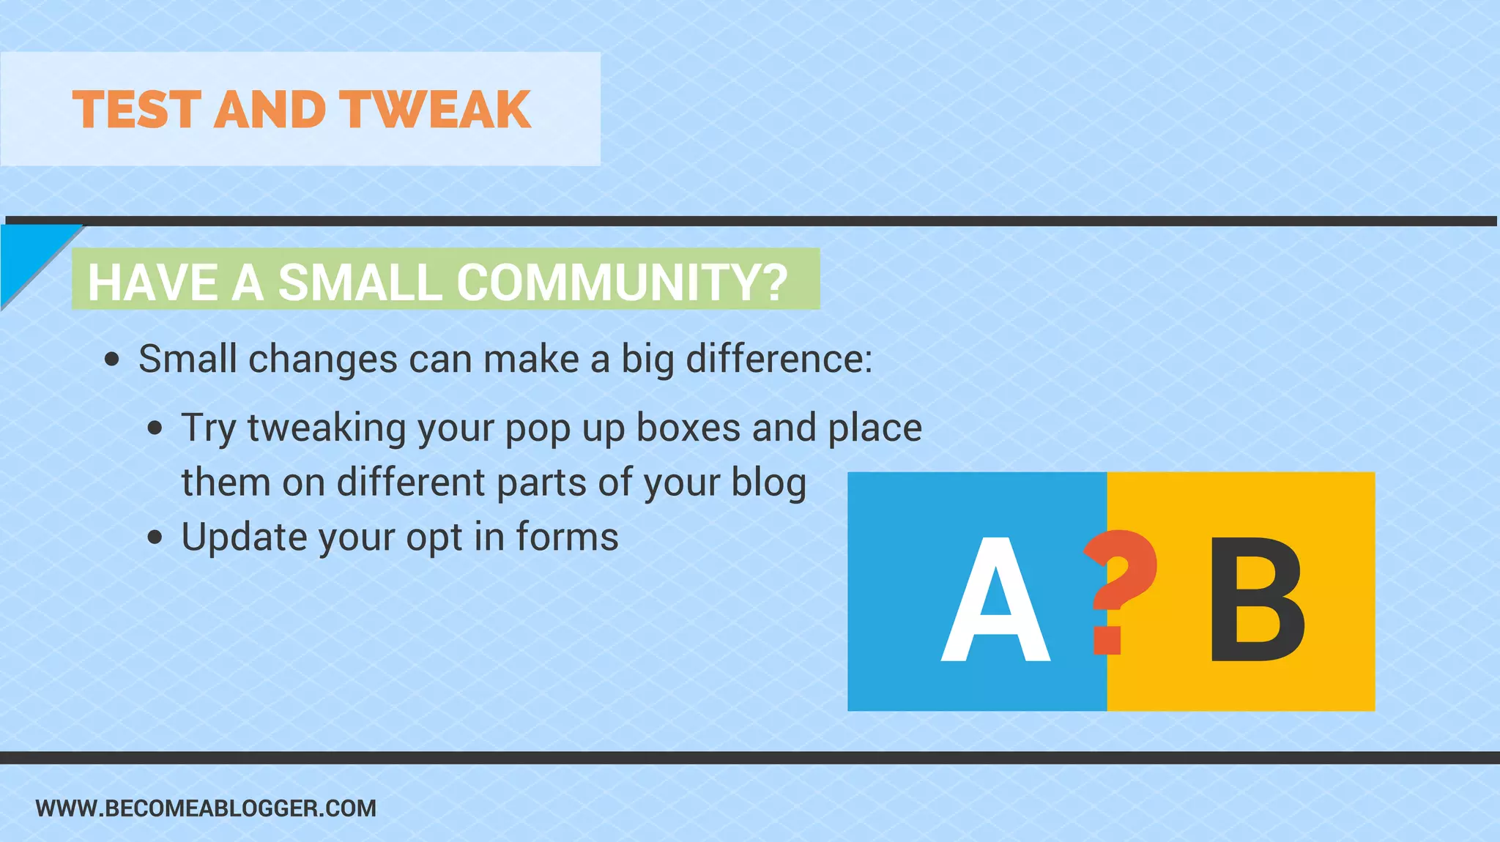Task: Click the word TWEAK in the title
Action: (x=437, y=110)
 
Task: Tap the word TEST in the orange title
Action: (x=137, y=110)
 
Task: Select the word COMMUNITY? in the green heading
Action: (x=623, y=282)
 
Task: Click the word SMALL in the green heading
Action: (x=360, y=282)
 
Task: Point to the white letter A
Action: (x=995, y=600)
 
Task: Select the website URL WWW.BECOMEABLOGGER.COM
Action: (x=206, y=808)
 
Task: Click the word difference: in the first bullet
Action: (x=779, y=359)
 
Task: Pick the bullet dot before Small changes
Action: (x=112, y=359)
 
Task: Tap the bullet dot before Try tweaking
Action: (x=155, y=428)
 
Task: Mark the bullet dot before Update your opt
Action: (x=155, y=538)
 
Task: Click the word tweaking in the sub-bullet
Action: (x=327, y=428)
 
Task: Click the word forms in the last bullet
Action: (x=567, y=537)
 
